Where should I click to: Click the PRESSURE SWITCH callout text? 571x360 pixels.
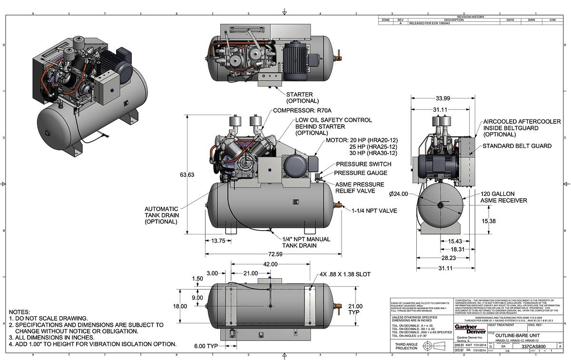click(364, 164)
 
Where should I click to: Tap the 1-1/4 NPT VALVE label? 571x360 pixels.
click(374, 210)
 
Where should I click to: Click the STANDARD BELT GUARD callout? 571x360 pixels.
click(517, 146)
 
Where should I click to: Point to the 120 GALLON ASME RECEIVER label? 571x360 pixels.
click(503, 197)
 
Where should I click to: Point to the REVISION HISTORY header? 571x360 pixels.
click(470, 17)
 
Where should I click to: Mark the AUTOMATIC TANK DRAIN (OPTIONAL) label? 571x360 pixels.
click(162, 215)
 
